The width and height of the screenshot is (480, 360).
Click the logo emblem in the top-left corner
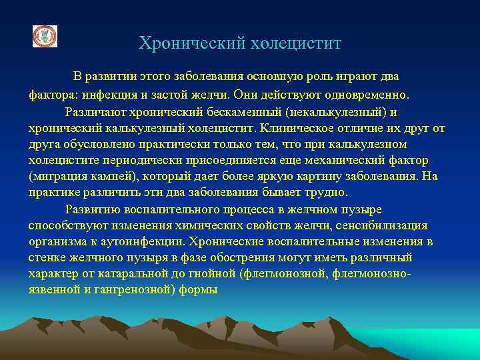[45, 36]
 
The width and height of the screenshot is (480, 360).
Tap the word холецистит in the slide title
[295, 44]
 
